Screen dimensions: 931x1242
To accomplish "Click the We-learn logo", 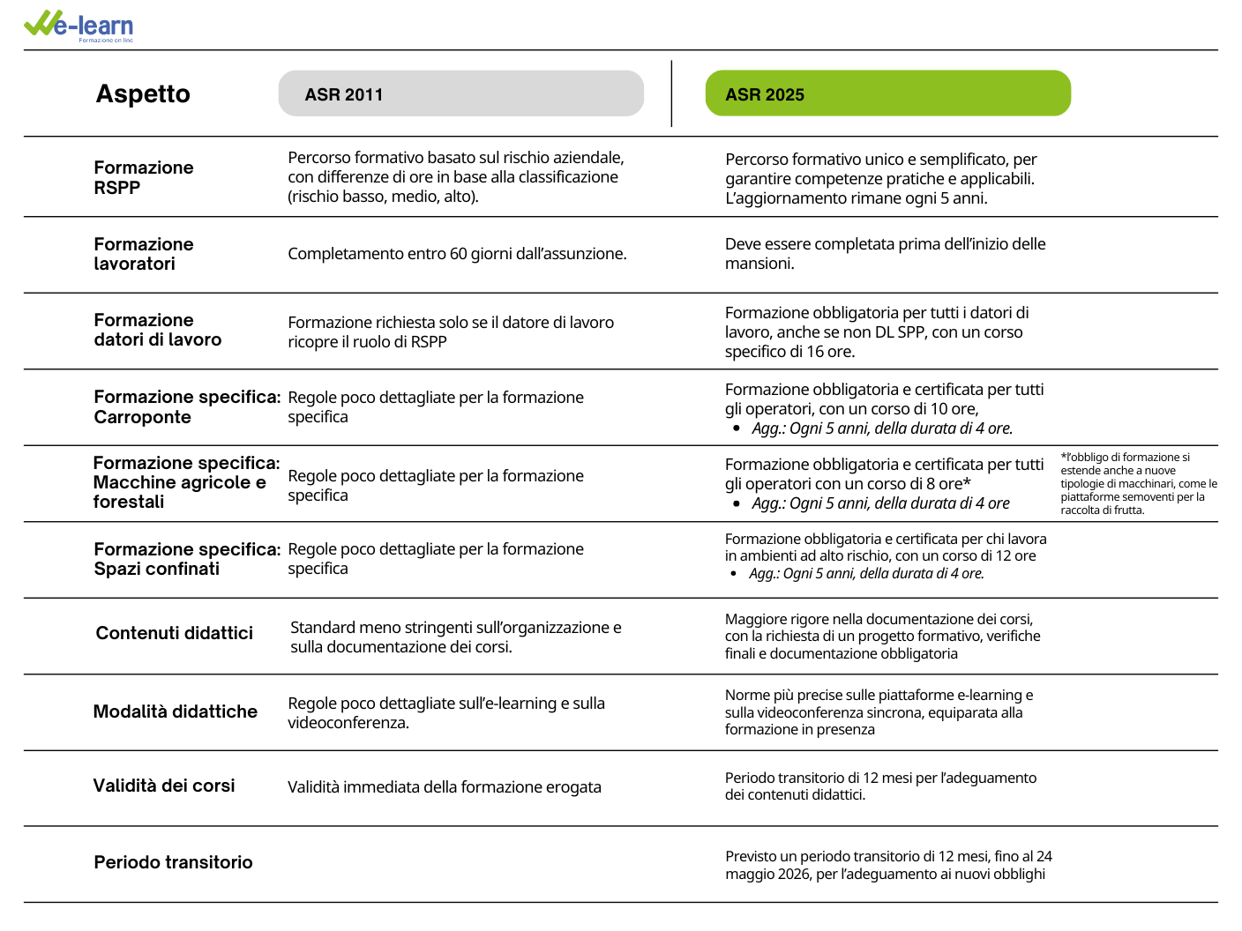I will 79,26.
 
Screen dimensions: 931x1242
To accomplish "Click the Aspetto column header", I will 143,94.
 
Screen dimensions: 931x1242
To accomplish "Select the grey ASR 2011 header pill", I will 460,93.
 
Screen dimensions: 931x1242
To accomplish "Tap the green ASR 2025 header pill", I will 887,93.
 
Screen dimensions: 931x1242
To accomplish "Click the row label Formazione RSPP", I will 143,177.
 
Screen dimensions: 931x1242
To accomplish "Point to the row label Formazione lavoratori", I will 143,254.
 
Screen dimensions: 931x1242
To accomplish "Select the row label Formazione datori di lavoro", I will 157,330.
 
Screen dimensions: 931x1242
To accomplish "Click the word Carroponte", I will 142,417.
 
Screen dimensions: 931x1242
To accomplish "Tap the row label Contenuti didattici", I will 174,633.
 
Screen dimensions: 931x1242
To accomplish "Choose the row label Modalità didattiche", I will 175,711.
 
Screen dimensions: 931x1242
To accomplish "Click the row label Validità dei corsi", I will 164,786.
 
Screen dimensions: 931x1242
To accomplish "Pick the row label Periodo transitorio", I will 173,862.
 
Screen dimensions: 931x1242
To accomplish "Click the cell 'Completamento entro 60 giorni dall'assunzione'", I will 457,254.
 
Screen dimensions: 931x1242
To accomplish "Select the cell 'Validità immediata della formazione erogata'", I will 444,787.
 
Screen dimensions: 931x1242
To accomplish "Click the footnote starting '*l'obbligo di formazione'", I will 1138,483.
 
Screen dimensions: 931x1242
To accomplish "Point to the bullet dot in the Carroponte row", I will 737,428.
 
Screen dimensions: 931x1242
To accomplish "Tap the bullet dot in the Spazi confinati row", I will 734,574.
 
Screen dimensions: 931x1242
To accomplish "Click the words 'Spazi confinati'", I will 156,569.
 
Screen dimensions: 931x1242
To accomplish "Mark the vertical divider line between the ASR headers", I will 671,93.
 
